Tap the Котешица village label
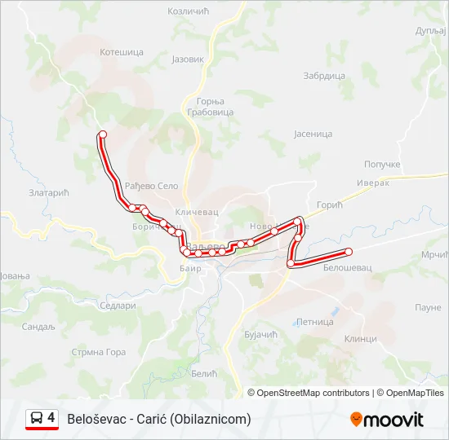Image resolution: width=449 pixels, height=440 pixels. (121, 52)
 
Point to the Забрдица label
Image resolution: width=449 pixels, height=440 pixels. (324, 76)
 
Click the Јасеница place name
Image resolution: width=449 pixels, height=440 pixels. (313, 134)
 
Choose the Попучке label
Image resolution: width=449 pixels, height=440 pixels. (382, 164)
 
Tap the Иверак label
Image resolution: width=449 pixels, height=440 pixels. (373, 183)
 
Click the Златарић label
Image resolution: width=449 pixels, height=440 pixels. (49, 194)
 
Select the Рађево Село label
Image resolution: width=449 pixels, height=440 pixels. (152, 187)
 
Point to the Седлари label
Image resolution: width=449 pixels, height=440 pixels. (117, 306)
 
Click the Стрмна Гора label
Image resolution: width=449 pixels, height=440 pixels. (99, 352)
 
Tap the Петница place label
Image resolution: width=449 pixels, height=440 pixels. (315, 322)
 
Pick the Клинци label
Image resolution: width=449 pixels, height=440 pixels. (360, 338)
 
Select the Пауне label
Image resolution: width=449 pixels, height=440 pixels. (428, 307)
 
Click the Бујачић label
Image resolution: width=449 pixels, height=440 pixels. (261, 335)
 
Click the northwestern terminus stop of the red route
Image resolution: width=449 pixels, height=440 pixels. (102, 134)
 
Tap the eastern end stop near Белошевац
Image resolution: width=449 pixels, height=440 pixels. (349, 252)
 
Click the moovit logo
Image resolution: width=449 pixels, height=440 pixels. (387, 420)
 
